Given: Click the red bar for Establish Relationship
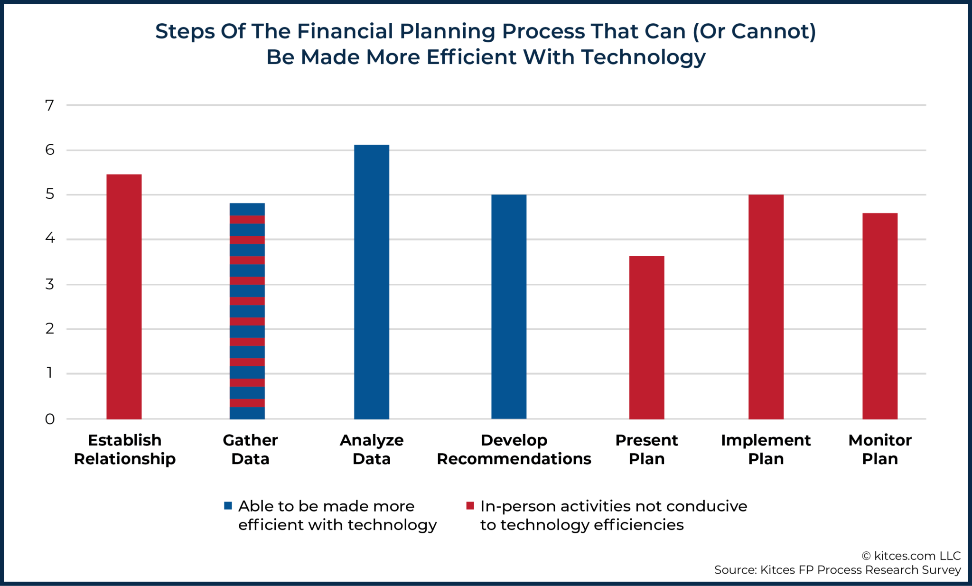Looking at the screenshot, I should (x=124, y=297).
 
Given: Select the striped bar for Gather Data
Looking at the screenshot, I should (x=247, y=311).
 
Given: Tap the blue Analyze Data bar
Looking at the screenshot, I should (x=372, y=282).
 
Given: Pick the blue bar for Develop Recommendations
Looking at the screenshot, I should (x=509, y=307).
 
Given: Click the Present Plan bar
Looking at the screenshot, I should (x=646, y=337).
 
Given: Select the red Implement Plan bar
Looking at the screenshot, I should (x=766, y=307).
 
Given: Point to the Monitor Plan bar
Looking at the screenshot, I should (x=879, y=316).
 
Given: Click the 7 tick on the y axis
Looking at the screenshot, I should (x=50, y=105).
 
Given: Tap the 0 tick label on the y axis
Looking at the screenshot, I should (x=50, y=419).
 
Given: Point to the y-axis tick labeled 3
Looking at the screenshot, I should (x=50, y=284).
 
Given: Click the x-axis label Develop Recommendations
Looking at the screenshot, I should (x=514, y=449).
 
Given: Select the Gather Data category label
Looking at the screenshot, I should (x=250, y=449).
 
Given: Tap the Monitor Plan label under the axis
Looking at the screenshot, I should (x=879, y=449).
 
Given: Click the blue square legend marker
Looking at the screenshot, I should (x=228, y=506).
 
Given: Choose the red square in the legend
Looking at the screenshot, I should (x=470, y=506).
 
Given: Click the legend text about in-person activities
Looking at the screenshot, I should (x=613, y=515).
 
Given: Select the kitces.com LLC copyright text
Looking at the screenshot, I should (x=911, y=556).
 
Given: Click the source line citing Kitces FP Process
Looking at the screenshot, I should (x=837, y=570).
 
